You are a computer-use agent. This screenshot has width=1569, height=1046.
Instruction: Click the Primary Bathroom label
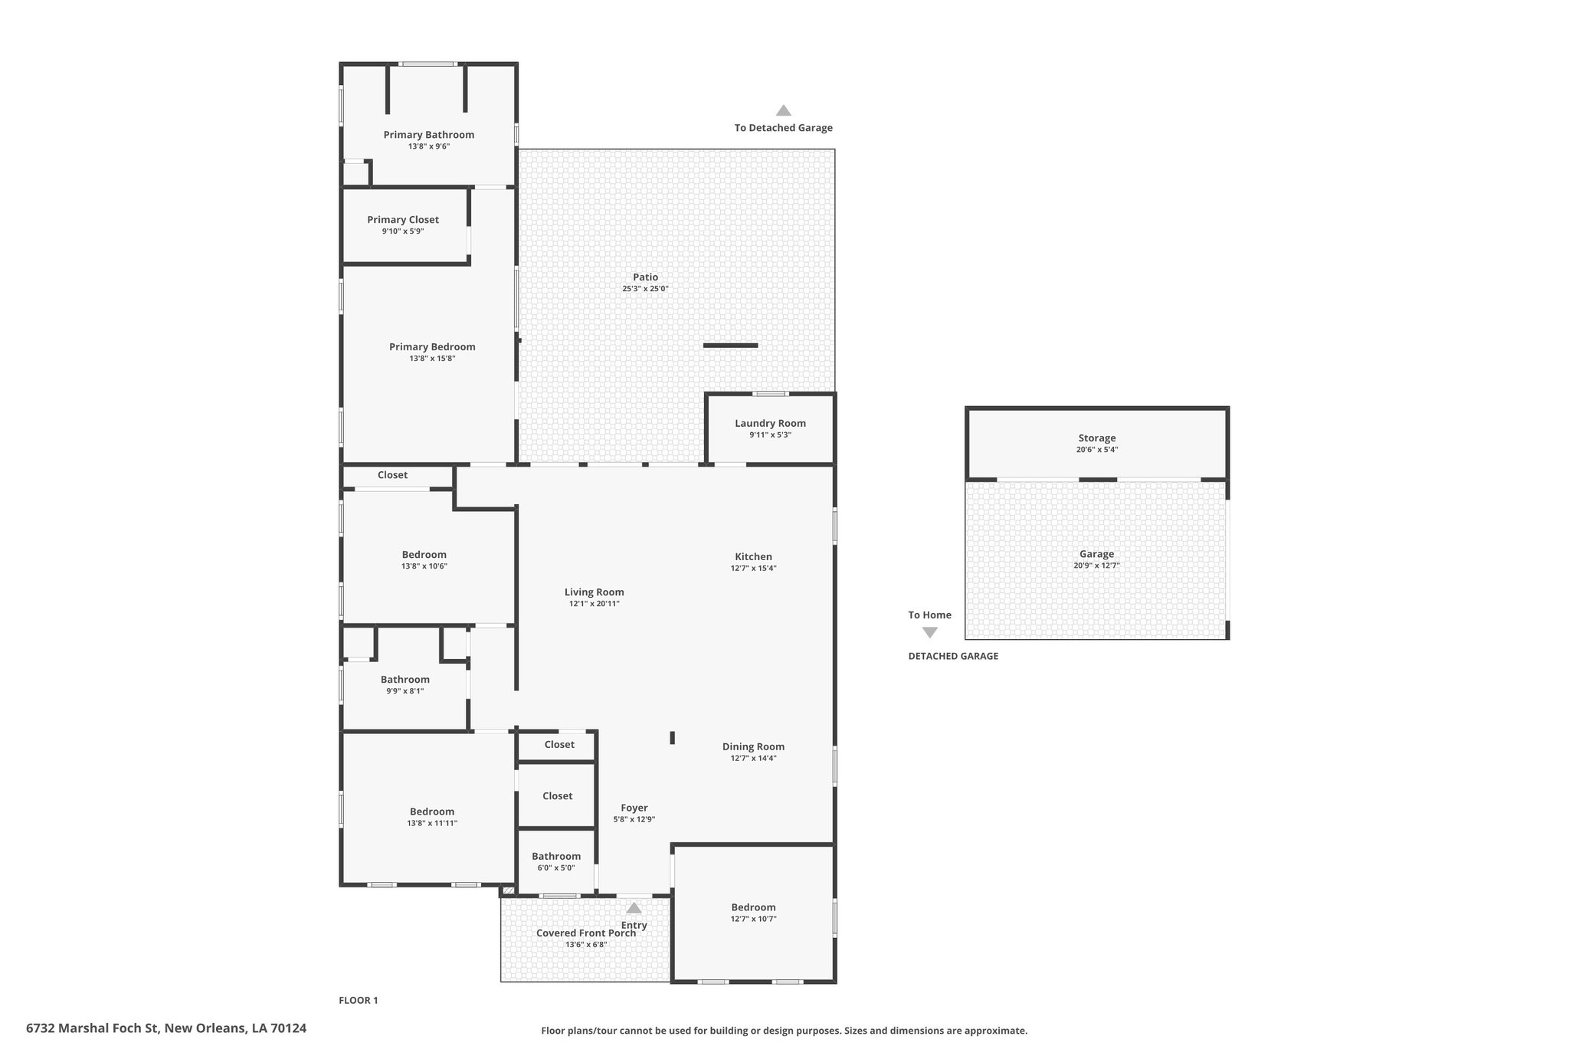coord(428,135)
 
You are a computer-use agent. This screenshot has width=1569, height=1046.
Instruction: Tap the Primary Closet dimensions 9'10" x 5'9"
coord(403,231)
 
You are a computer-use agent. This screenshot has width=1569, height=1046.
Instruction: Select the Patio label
coord(645,277)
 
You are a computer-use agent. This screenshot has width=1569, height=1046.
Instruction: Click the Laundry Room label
coord(770,424)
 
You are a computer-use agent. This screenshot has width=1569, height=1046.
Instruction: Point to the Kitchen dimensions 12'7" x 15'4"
coord(753,569)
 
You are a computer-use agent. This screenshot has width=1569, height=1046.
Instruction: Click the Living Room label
coord(594,592)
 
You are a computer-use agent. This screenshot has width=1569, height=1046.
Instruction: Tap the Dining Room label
coord(753,747)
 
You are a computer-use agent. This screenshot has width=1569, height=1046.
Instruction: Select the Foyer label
coord(634,808)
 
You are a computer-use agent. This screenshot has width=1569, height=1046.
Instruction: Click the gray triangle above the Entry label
coord(634,908)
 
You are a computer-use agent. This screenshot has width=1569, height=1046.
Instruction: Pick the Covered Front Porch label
coord(585,933)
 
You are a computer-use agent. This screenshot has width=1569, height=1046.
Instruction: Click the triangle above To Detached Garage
coord(783,110)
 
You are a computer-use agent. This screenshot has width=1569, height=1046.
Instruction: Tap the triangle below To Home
coord(929,633)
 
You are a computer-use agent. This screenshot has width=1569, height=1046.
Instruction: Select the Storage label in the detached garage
coord(1096,438)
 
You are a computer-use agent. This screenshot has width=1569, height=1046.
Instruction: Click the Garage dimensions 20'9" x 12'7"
coord(1096,566)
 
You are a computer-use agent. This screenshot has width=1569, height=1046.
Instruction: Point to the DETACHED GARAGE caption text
coord(953,657)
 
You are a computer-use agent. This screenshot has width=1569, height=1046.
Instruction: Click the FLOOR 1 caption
coord(358,1001)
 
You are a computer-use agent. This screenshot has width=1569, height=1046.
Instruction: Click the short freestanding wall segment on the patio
coord(730,346)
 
